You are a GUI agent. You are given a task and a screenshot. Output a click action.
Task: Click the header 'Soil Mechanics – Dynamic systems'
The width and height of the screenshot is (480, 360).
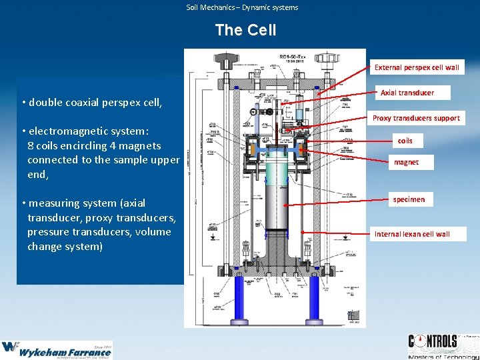[242, 7]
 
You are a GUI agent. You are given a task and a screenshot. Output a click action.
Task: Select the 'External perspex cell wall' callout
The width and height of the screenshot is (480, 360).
[417, 67]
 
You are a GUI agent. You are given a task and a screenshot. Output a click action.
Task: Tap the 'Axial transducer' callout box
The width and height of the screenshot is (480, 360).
[407, 93]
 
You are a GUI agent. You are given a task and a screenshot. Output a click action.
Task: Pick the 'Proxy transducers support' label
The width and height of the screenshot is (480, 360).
[416, 118]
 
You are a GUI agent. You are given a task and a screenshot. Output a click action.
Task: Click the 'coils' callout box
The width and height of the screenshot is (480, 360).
[405, 141]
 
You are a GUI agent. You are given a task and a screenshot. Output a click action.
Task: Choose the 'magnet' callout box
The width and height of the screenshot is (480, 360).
[406, 162]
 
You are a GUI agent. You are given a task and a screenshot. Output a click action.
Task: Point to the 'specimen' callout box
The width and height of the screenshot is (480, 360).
[409, 199]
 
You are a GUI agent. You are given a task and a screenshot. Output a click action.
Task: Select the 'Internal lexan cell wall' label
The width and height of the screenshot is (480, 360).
[412, 234]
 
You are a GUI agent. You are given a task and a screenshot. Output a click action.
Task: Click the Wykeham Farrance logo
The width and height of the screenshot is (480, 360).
[57, 349]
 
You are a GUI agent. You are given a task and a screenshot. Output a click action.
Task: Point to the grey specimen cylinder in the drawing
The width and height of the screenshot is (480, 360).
[275, 200]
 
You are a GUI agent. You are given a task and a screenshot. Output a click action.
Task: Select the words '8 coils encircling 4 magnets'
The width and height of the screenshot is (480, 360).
[94, 145]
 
